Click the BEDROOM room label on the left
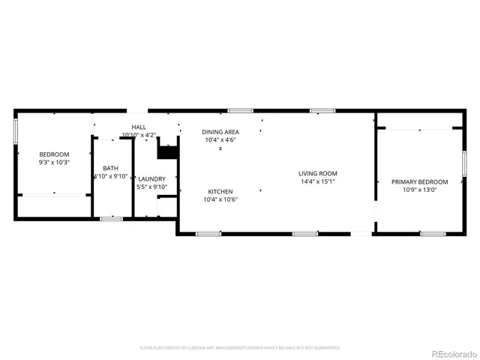point(53,154)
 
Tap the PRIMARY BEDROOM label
point(419,182)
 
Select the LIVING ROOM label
point(317,173)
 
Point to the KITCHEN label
point(220,191)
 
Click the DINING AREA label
point(220,132)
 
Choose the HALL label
point(139,127)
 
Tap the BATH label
point(110,168)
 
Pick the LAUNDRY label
point(152,178)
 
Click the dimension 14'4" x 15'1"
point(317,181)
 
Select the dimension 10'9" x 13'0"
point(419,190)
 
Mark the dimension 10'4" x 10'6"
point(220,199)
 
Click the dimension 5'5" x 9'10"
point(152,187)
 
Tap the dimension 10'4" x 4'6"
point(220,140)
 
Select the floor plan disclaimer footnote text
point(240,348)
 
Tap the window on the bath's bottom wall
point(111,218)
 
